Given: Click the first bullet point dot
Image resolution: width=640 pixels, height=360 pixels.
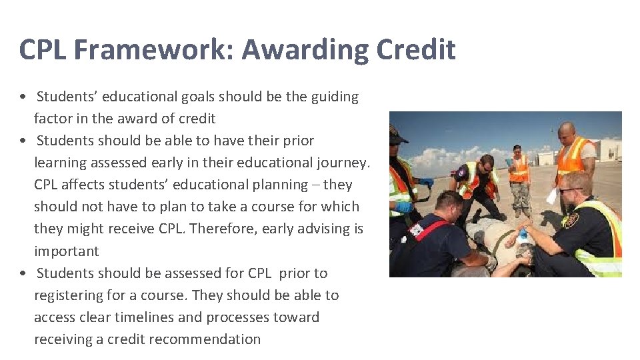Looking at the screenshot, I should (23, 97).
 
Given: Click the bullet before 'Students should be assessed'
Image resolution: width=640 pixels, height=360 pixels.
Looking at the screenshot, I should (23, 274).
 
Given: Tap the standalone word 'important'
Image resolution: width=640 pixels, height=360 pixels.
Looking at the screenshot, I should (66, 251).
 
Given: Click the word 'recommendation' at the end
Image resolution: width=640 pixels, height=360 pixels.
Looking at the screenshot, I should (205, 339).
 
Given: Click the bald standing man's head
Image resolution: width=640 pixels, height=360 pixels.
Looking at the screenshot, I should (567, 131).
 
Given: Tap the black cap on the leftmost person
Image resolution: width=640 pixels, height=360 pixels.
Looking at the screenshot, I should (397, 135).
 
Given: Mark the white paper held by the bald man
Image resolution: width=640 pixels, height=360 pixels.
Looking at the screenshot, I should (552, 195).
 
